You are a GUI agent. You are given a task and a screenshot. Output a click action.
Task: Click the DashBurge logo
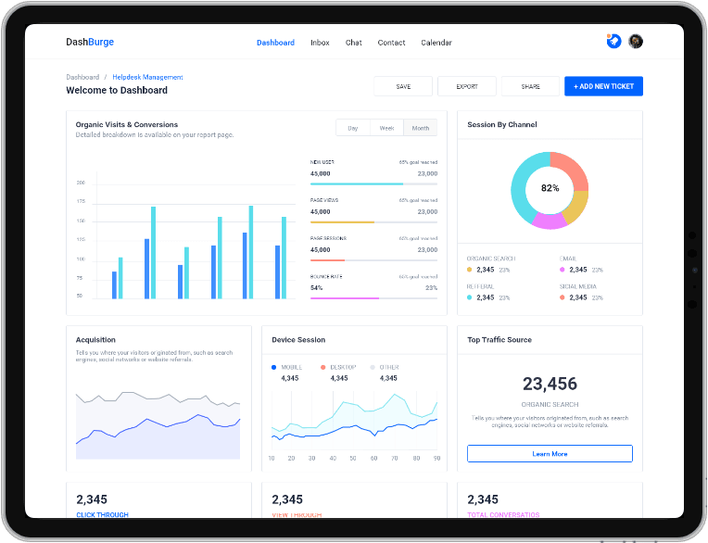click(x=90, y=42)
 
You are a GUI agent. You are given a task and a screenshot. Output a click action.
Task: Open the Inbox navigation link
click(x=320, y=43)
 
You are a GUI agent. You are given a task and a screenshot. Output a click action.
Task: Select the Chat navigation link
click(x=354, y=43)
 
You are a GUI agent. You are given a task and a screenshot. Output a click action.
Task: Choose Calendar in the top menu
click(x=436, y=43)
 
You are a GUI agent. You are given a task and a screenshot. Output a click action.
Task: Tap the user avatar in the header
click(x=636, y=42)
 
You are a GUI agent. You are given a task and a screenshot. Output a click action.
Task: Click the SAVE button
click(x=403, y=86)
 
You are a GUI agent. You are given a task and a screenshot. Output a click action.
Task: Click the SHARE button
click(x=530, y=86)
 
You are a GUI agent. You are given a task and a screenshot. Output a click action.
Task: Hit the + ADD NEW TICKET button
click(x=603, y=86)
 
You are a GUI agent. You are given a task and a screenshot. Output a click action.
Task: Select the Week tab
click(x=386, y=128)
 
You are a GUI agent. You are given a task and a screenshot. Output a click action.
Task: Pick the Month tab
click(x=421, y=128)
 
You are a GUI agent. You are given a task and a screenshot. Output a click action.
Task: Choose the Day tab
click(x=353, y=128)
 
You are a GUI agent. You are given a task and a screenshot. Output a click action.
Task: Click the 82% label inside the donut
click(x=550, y=188)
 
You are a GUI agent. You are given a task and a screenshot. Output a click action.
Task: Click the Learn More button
click(x=550, y=454)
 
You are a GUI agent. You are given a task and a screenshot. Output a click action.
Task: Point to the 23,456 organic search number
click(x=550, y=384)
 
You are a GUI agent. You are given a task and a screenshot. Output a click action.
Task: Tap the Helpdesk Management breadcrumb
click(x=148, y=77)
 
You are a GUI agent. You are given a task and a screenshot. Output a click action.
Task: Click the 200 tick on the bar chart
click(x=81, y=183)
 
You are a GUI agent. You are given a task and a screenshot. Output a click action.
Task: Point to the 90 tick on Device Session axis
click(x=436, y=458)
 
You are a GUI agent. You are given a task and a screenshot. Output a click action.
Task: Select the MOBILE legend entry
click(x=289, y=367)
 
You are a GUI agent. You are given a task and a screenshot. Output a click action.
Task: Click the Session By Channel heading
click(x=501, y=124)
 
